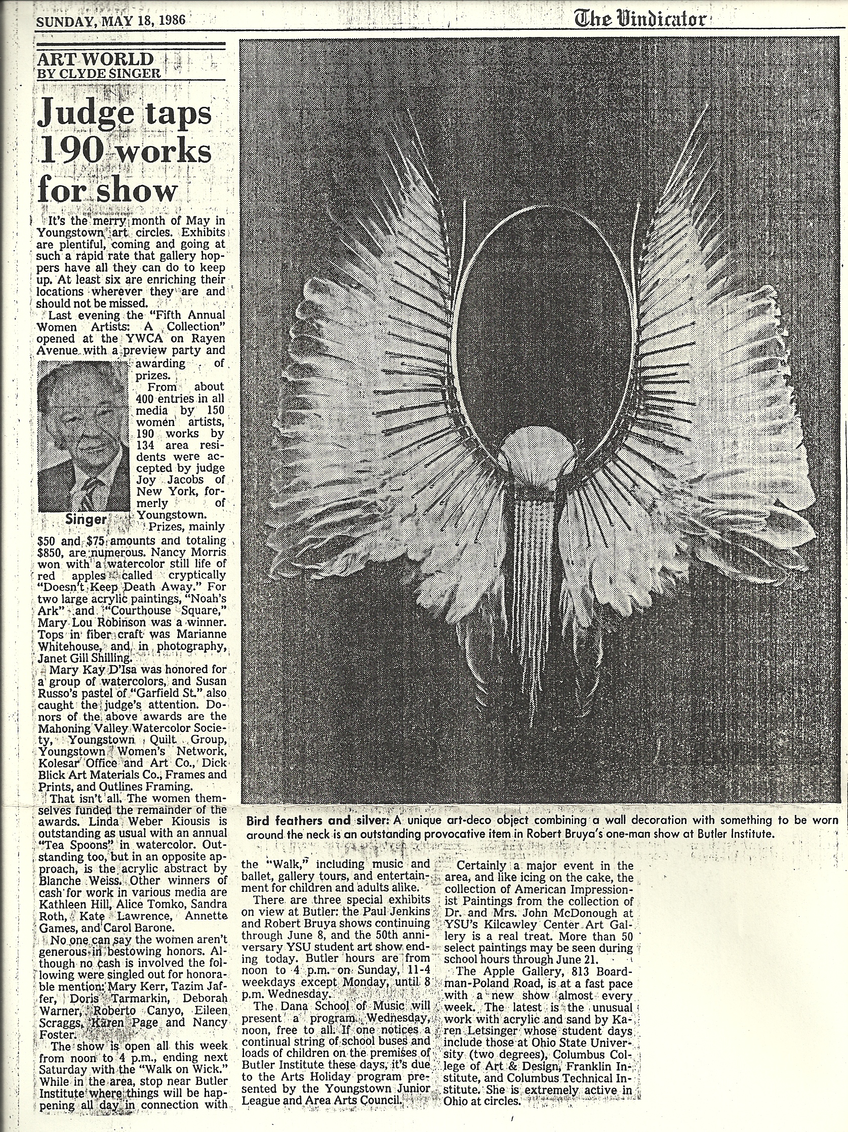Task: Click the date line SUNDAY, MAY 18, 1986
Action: click(x=110, y=21)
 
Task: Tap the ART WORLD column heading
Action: click(x=96, y=59)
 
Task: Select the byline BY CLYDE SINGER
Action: click(x=99, y=73)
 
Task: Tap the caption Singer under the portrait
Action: click(x=86, y=520)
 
